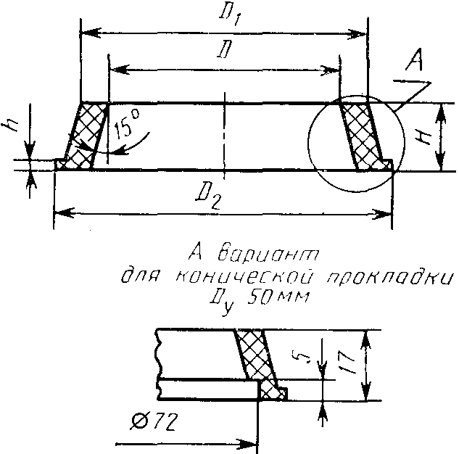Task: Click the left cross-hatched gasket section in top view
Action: click(x=86, y=136)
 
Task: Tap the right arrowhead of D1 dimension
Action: click(x=362, y=33)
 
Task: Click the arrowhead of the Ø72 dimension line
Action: click(x=254, y=442)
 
